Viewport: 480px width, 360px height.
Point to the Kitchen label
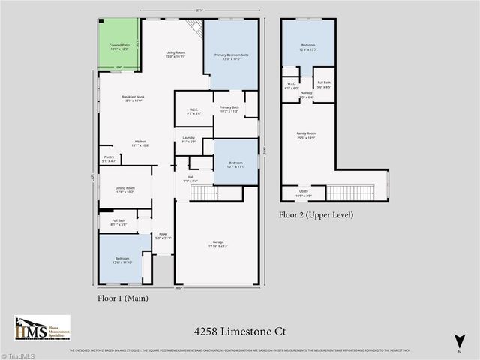[139, 142]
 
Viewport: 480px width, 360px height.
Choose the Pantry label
[109, 158]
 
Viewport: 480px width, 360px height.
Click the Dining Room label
[124, 190]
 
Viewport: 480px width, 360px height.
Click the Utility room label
[303, 193]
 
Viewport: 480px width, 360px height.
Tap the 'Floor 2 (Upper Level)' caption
[316, 214]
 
